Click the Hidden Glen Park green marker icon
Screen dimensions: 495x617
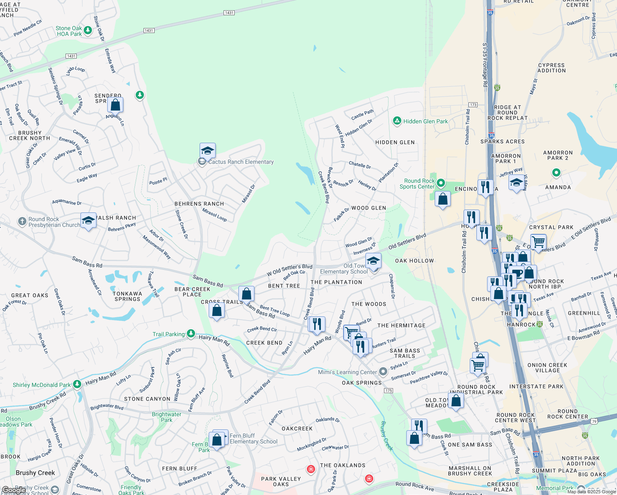[x=397, y=121]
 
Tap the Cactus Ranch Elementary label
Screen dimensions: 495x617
[x=241, y=162]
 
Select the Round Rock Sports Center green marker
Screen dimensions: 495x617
[x=441, y=182]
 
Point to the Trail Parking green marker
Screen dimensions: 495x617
[x=191, y=333]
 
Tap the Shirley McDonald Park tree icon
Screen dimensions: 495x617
[x=77, y=384]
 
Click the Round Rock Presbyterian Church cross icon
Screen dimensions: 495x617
[x=22, y=222]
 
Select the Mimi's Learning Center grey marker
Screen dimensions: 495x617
[x=383, y=372]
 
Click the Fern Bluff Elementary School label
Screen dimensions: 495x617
[x=254, y=438]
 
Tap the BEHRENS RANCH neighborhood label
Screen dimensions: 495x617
[x=199, y=204]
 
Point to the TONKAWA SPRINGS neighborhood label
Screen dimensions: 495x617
[x=127, y=296]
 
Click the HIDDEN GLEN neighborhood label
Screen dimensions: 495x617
[x=395, y=142]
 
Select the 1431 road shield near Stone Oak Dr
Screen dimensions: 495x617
[x=149, y=31]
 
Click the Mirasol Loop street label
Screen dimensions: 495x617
[x=214, y=215]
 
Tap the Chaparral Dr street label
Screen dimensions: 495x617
[x=392, y=286]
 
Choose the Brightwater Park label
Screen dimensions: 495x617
[x=167, y=417]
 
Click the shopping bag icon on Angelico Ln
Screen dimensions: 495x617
[x=115, y=105]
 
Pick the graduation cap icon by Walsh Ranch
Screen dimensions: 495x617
[x=88, y=220]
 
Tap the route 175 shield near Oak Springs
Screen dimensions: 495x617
[x=388, y=390]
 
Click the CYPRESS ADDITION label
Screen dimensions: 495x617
[x=552, y=68]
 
